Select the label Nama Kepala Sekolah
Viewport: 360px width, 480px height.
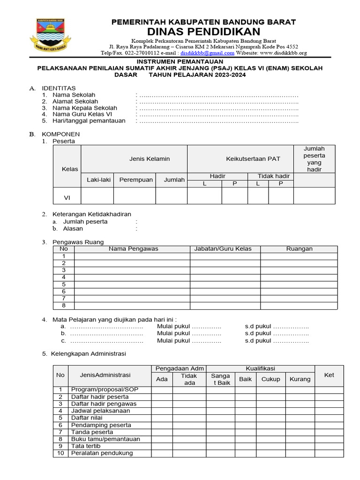click(x=85, y=108)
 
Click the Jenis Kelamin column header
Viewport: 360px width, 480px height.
click(x=150, y=159)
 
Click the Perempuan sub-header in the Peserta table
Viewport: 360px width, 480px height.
click(x=136, y=180)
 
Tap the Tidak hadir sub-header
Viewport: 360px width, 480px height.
click(x=274, y=176)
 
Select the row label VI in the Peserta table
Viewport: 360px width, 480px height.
click(x=67, y=198)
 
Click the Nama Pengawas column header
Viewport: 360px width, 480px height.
click(x=133, y=249)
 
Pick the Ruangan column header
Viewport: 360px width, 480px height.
click(x=299, y=249)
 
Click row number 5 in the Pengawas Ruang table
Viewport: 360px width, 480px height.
click(x=64, y=285)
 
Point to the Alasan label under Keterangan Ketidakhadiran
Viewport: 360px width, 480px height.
click(x=73, y=229)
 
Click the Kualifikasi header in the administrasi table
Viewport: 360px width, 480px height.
click(x=260, y=369)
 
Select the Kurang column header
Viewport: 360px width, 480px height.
click(x=300, y=379)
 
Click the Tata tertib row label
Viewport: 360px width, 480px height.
click(x=86, y=446)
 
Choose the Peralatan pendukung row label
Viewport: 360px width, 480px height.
click(x=102, y=453)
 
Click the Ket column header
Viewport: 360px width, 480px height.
click(x=329, y=375)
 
